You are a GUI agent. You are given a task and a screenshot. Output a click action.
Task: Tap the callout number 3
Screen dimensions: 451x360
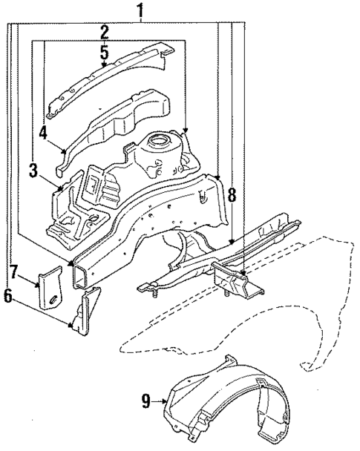coord(34,171)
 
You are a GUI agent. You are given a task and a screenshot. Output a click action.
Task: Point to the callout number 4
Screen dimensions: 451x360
coord(45,134)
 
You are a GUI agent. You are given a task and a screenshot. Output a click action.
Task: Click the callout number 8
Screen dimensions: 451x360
coord(232,196)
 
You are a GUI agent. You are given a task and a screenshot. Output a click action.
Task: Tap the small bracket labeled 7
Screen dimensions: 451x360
coord(50,286)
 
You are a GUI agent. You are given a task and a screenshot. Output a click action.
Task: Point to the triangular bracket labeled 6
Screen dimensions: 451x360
coord(83,315)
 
